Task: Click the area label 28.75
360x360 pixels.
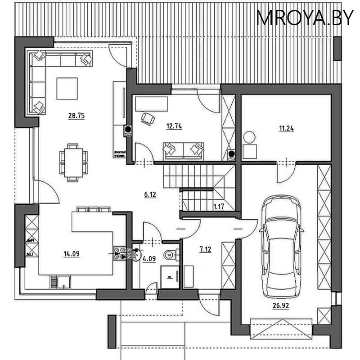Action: pyautogui.click(x=76, y=116)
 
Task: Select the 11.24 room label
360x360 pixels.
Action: pyautogui.click(x=287, y=128)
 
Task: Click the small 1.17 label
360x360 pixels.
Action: pyautogui.click(x=219, y=207)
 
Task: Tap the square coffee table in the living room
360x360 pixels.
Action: pyautogui.click(x=67, y=88)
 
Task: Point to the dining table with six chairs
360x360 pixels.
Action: pyautogui.click(x=72, y=162)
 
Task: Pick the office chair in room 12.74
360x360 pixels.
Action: pyautogui.click(x=147, y=118)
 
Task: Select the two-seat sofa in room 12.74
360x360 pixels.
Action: pyautogui.click(x=183, y=150)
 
